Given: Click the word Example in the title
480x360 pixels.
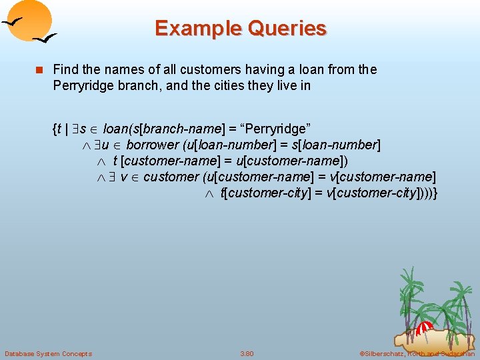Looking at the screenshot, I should coord(193,29).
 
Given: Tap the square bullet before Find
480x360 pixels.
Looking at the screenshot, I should coord(39,70).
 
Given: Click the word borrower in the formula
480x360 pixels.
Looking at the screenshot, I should coord(153,145).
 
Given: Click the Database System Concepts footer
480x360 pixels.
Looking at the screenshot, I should coord(48,353).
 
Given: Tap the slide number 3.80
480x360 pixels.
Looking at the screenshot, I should coord(247,353).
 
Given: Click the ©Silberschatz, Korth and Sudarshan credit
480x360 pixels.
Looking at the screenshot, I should coord(417,353).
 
